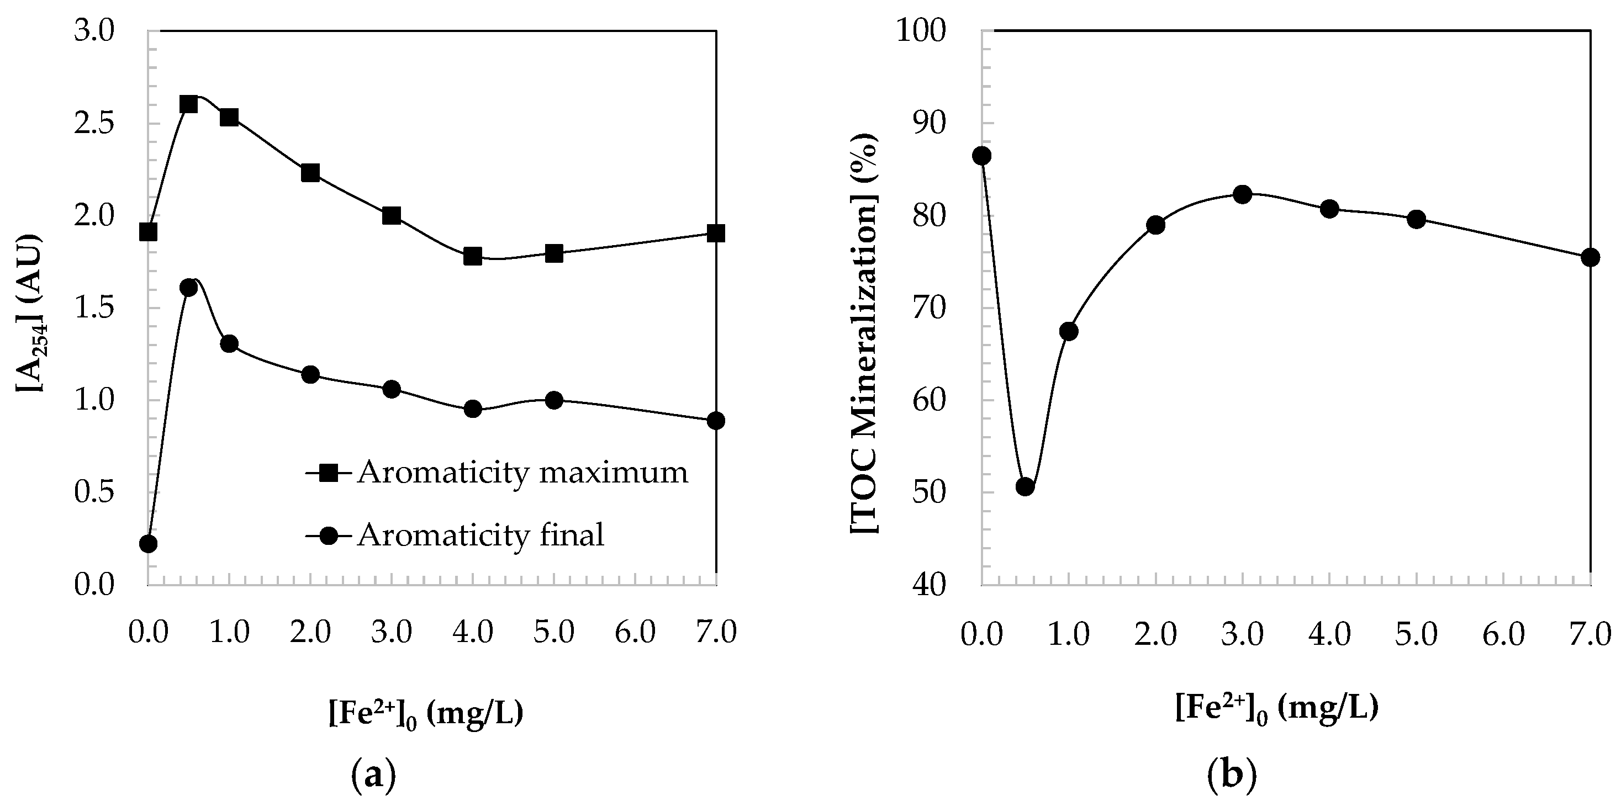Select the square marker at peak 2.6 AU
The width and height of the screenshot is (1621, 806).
click(189, 104)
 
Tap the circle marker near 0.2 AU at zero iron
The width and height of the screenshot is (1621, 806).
click(148, 544)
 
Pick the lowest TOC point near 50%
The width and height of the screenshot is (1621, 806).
click(1025, 486)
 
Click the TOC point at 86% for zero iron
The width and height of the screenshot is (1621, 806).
click(981, 156)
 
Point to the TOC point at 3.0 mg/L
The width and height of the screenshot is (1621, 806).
click(1242, 194)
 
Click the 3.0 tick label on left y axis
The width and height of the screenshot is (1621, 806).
click(94, 31)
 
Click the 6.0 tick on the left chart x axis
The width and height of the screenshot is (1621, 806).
click(635, 632)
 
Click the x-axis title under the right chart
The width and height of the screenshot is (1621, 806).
click(1277, 708)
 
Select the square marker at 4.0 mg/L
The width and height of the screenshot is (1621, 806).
click(473, 256)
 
